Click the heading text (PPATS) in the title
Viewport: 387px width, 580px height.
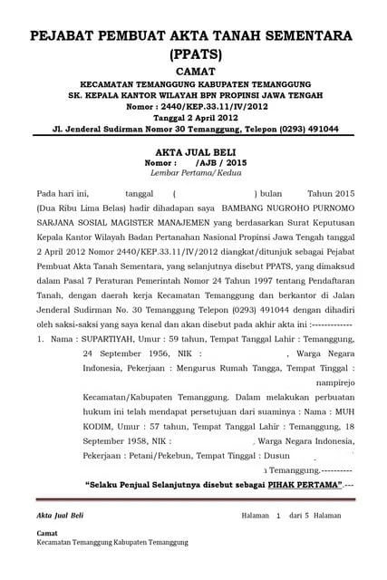194,54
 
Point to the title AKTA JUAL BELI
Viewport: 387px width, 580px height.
194,155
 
